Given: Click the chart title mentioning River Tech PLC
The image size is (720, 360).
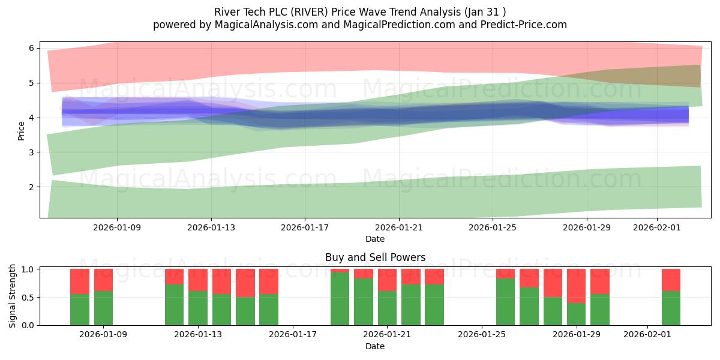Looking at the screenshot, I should click(x=359, y=12).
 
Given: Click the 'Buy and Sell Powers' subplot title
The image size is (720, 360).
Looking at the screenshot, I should click(x=375, y=257).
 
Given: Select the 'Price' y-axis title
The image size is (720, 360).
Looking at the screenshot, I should click(x=22, y=130).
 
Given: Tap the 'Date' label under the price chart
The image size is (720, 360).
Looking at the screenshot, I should click(x=375, y=239).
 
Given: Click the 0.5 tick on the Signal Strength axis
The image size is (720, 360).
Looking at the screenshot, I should click(x=28, y=298).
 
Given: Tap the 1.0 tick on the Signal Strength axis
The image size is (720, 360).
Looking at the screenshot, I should click(x=28, y=269).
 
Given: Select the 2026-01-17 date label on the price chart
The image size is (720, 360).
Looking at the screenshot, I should click(x=305, y=227).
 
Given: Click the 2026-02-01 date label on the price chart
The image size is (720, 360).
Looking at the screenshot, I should click(x=657, y=227).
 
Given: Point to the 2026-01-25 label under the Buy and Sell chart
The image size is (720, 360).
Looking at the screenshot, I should click(x=482, y=335).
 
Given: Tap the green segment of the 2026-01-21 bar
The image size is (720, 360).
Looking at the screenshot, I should click(x=387, y=308).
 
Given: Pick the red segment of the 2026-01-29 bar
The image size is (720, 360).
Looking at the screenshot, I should click(x=576, y=286).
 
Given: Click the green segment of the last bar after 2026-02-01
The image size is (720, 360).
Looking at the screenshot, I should click(x=671, y=308).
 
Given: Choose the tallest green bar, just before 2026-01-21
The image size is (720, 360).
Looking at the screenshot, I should click(x=340, y=299).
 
